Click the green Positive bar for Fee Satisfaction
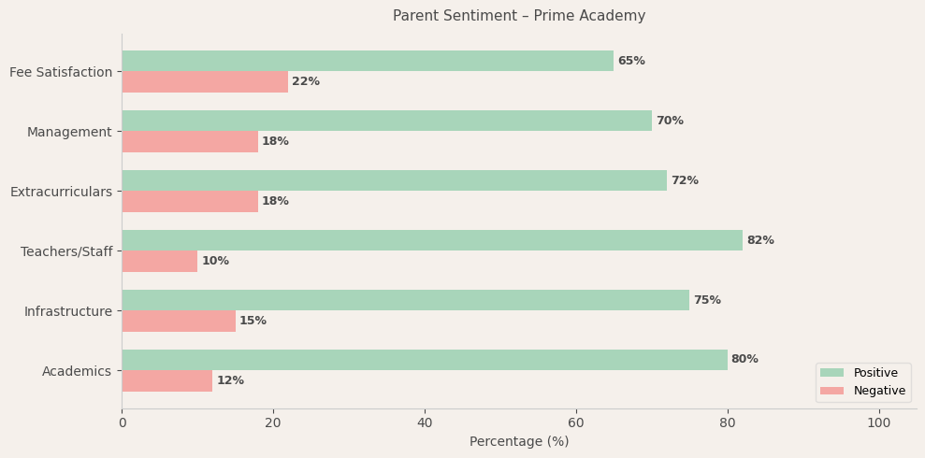click(x=368, y=61)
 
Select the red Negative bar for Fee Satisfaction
click(x=205, y=82)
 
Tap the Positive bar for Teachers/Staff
click(x=432, y=240)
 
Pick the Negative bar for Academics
click(x=167, y=381)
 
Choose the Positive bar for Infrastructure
click(x=405, y=300)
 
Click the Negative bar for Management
click(x=190, y=142)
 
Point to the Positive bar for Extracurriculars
click(x=394, y=180)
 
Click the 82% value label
click(x=760, y=240)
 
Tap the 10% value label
click(x=215, y=262)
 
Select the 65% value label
click(x=631, y=61)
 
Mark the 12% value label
click(x=230, y=381)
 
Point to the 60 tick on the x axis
click(x=576, y=422)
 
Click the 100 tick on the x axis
click(x=879, y=422)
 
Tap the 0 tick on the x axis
click(x=122, y=422)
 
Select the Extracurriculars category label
click(x=61, y=192)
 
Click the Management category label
click(x=69, y=132)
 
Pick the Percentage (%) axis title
click(x=519, y=441)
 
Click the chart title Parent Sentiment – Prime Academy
click(x=519, y=16)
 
